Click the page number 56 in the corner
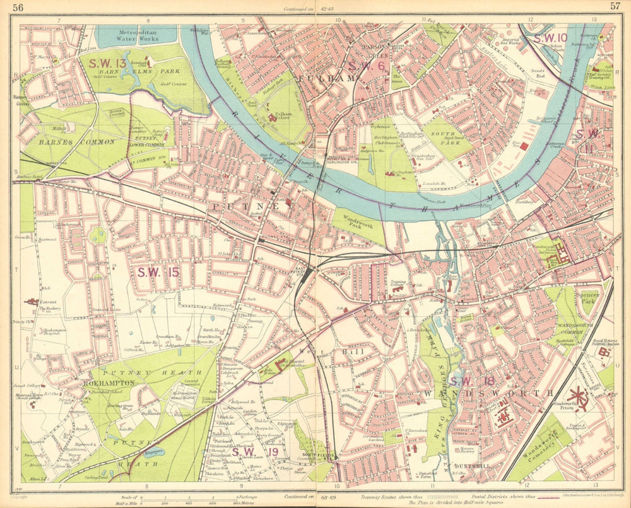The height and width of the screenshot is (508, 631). [18, 8]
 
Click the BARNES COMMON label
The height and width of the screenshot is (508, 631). [68, 142]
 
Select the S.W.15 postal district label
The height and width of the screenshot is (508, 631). [158, 272]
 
